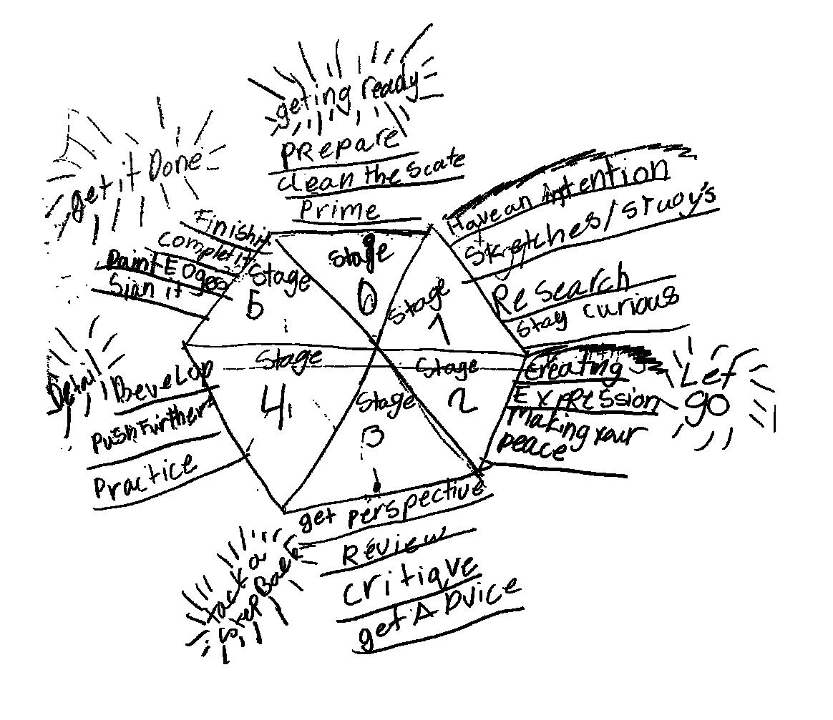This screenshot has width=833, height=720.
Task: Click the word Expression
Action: tap(586, 398)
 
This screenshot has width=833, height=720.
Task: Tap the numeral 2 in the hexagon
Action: tap(462, 403)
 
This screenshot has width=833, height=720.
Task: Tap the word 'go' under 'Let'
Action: tap(705, 407)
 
